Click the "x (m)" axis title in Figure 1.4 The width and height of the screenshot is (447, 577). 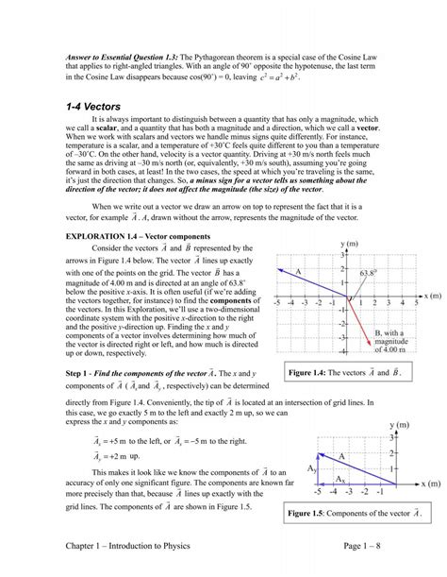coord(432,296)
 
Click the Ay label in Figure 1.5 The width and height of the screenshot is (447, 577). coord(312,468)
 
